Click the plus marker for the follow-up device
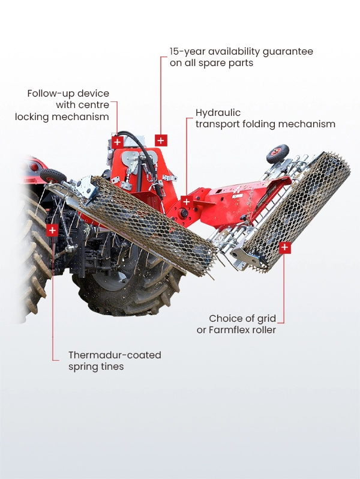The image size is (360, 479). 117,142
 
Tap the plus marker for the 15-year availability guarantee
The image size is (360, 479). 161,140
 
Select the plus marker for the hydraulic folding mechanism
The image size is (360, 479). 186,202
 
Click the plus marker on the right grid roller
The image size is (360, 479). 284,247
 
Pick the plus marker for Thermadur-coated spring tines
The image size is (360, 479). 52,230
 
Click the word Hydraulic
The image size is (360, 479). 218,113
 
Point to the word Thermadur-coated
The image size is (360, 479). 115,355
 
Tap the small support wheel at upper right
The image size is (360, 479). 278,154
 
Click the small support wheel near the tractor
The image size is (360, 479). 53,176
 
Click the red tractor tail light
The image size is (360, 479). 34,167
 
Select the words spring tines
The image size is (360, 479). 96,367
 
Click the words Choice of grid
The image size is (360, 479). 242,319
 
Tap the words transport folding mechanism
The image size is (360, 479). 265,124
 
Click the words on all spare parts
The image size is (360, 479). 212,63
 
